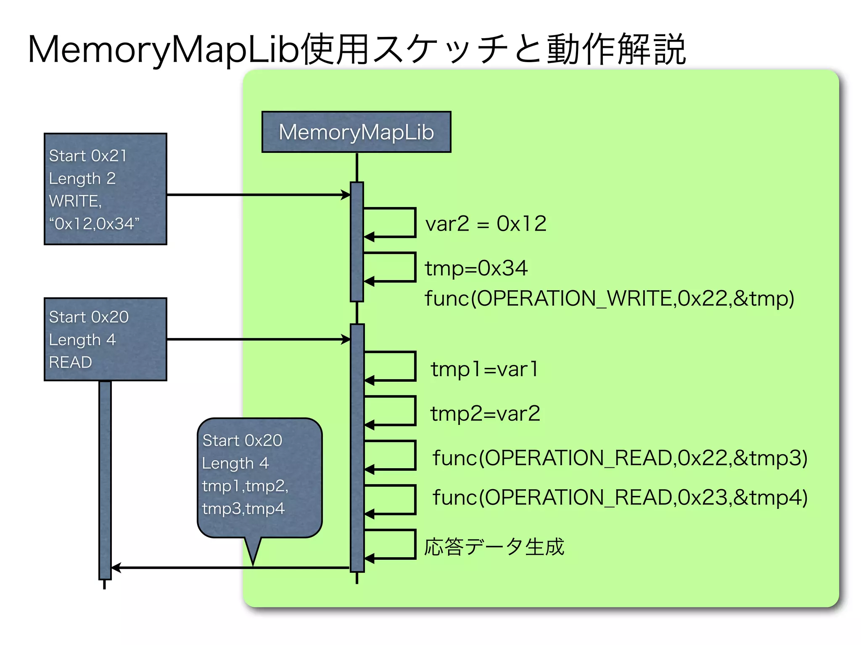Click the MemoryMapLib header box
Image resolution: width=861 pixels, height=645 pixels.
(x=356, y=132)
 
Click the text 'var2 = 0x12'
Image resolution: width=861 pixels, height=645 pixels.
(x=486, y=223)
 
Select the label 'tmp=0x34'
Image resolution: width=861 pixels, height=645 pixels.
(x=476, y=268)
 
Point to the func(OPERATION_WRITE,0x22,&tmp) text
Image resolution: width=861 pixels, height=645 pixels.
(x=609, y=299)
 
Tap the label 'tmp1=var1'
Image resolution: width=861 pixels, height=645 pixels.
(x=484, y=370)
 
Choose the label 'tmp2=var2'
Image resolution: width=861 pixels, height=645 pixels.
(x=485, y=414)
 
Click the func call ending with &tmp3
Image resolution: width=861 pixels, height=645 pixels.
(x=620, y=458)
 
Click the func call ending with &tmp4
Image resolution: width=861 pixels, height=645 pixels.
(x=620, y=498)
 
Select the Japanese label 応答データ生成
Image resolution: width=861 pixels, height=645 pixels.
(x=494, y=547)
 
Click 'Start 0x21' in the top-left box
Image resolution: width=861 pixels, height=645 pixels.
(x=87, y=156)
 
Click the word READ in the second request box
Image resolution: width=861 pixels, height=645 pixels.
(x=70, y=362)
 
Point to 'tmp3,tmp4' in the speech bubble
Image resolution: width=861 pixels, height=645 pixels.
(x=243, y=509)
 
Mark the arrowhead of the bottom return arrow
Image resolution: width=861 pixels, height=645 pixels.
(x=116, y=568)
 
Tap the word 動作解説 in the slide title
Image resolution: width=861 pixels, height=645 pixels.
(x=616, y=50)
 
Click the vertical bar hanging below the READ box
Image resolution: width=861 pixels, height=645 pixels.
(x=105, y=479)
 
